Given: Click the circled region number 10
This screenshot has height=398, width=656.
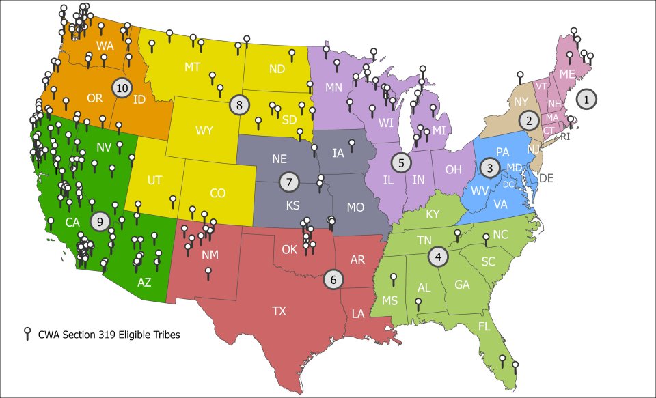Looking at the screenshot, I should click(122, 87).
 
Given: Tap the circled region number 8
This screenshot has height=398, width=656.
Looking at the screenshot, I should click(240, 104).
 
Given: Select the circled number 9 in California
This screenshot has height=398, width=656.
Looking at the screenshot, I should click(100, 221).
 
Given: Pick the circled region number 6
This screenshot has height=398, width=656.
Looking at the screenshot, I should click(333, 279).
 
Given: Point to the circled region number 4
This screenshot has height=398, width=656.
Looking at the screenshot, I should click(437, 257).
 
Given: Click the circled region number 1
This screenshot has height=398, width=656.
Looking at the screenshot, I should click(586, 99).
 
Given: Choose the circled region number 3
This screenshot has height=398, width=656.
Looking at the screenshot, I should click(489, 167).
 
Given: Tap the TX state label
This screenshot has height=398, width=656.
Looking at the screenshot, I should click(279, 311).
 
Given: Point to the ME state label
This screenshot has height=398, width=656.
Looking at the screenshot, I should click(567, 74).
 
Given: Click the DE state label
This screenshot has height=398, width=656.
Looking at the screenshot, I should click(546, 178).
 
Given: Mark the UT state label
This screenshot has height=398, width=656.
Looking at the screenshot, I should click(154, 181).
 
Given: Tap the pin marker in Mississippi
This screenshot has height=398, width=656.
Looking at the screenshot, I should click(393, 278).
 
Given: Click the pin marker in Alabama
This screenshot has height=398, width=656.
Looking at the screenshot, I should click(418, 302).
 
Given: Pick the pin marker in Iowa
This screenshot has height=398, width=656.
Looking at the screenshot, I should click(352, 143).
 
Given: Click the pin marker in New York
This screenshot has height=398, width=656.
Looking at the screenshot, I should click(520, 75).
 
